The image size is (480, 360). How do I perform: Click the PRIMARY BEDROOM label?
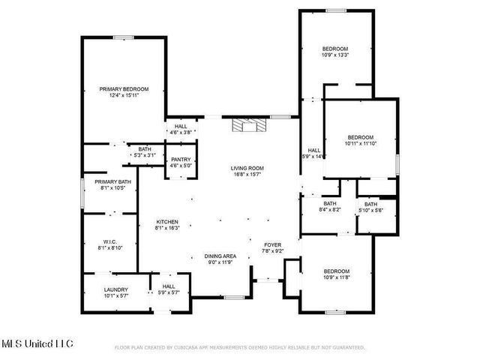click(124, 89)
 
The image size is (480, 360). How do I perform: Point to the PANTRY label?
click(181, 160)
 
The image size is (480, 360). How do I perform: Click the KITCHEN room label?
click(166, 222)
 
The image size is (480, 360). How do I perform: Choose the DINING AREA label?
click(220, 256)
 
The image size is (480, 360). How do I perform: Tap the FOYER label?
click(271, 245)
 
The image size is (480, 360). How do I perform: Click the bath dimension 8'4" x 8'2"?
click(331, 210)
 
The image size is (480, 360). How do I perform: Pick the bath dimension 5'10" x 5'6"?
click(371, 210)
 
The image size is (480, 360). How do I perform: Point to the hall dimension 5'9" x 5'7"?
click(169, 292)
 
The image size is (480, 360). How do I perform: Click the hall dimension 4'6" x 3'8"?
click(181, 132)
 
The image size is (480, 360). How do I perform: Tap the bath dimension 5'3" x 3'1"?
click(143, 155)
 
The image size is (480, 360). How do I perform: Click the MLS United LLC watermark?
click(37, 344)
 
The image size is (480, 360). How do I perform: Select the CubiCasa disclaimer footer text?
click(239, 348)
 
